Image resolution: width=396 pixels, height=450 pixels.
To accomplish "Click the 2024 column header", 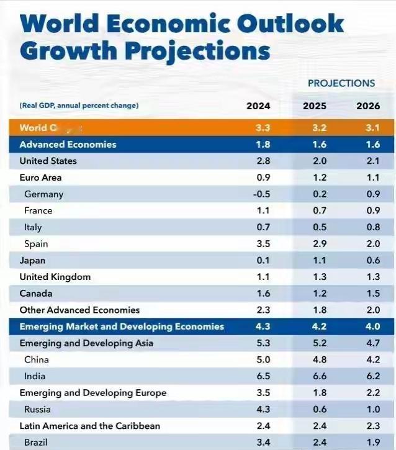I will point(258,106).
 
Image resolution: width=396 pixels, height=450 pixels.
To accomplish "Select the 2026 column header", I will point(368,106).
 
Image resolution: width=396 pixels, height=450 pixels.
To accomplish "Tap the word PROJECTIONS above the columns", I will point(341,83).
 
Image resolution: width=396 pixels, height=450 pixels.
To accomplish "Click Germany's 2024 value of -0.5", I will point(261,194).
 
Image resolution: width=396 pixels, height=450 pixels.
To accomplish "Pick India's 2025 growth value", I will point(315,376).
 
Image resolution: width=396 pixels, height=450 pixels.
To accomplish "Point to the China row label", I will point(37,359).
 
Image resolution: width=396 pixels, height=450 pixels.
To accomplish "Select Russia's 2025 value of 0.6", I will point(315,410).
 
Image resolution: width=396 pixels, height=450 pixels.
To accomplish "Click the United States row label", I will point(48,161).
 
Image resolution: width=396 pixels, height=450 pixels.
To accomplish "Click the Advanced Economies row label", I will point(68,144).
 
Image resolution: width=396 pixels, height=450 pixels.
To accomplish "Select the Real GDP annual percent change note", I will point(79,106).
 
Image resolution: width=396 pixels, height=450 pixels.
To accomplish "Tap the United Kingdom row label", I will point(55,277).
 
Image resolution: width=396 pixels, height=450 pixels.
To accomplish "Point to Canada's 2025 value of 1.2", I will point(315,294).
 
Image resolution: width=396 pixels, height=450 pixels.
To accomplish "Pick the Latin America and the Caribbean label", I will point(90,426).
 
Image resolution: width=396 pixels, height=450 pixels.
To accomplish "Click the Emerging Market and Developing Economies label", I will point(122,326).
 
